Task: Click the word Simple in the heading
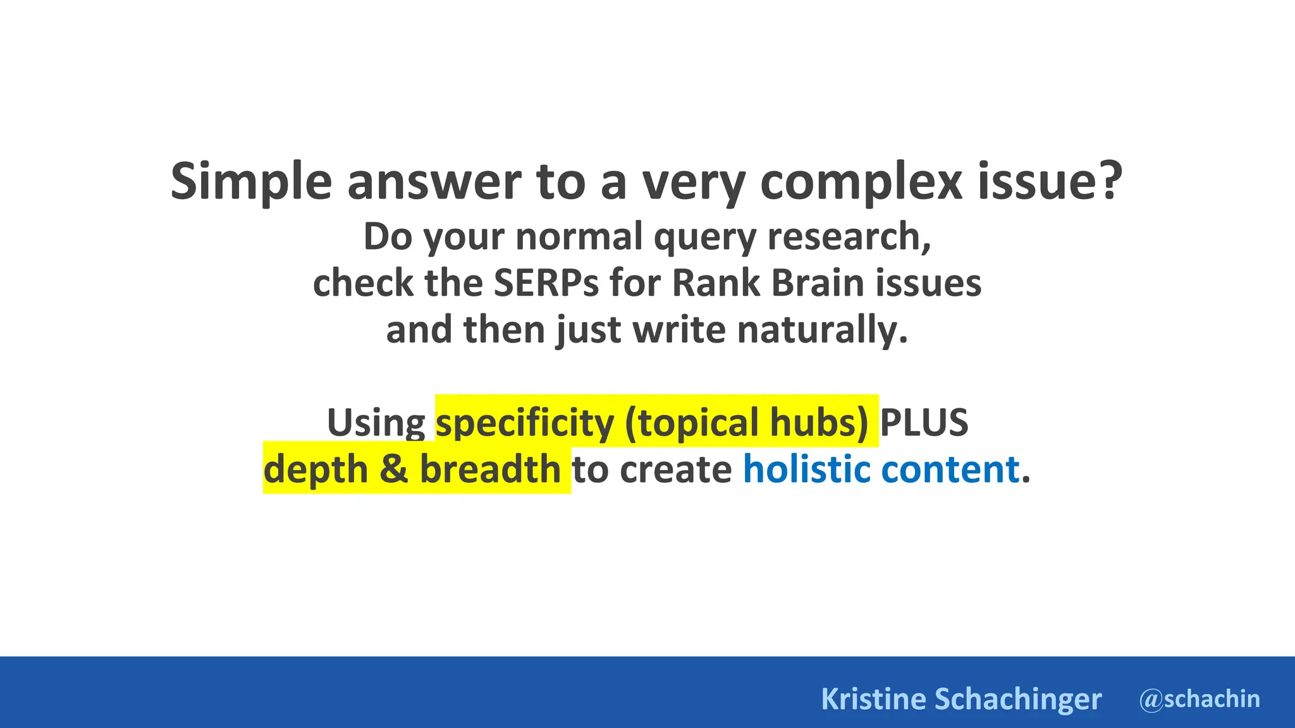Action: pyautogui.click(x=251, y=181)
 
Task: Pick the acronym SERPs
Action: pyautogui.click(x=546, y=282)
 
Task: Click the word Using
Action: pyautogui.click(x=376, y=422)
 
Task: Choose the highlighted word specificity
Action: pyautogui.click(x=525, y=422)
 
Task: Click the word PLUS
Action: pyautogui.click(x=924, y=422)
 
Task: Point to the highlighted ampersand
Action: pyautogui.click(x=394, y=470)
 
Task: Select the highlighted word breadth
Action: pyautogui.click(x=490, y=470)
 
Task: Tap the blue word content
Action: pyautogui.click(x=950, y=470)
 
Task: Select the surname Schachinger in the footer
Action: pyautogui.click(x=1018, y=699)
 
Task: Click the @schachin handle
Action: pyautogui.click(x=1200, y=699)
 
